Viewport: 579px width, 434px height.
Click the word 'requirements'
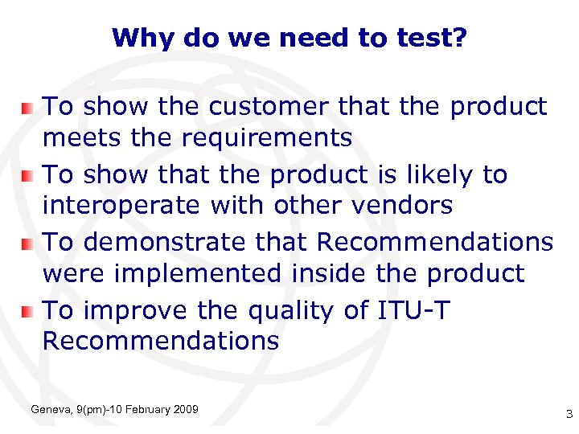(x=267, y=138)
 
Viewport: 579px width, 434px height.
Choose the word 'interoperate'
(x=120, y=206)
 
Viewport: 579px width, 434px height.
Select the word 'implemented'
(x=198, y=273)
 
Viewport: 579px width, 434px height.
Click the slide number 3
(x=569, y=415)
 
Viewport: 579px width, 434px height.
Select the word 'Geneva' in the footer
(x=49, y=411)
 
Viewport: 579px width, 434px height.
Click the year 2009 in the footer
(x=185, y=411)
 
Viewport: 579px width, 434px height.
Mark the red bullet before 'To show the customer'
(x=27, y=107)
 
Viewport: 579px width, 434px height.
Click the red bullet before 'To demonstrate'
(x=27, y=242)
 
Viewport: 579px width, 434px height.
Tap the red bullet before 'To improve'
(x=27, y=310)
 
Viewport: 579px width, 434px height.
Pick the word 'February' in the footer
(x=146, y=411)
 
